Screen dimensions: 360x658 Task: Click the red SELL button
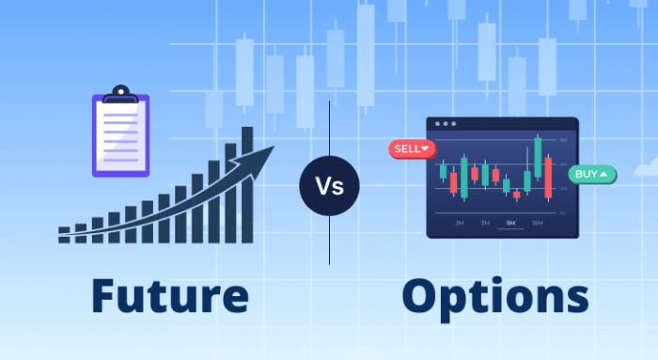point(411,149)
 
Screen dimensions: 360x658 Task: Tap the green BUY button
point(592,174)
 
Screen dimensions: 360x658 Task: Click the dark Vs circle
point(329,185)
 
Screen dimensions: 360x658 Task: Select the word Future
point(170,295)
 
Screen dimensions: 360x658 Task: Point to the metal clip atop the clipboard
point(119,94)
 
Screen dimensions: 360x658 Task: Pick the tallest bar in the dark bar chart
point(247,184)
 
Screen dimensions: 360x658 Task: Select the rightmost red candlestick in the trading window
point(550,178)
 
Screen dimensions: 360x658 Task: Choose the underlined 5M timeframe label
point(510,223)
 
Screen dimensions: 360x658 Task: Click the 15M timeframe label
point(537,223)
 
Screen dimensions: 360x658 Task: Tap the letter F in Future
point(106,295)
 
